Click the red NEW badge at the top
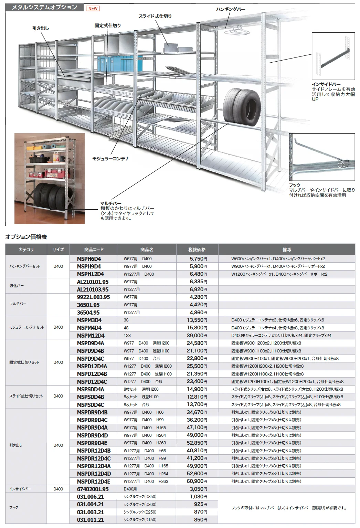tap(93, 9)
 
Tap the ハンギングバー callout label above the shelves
tap(231, 9)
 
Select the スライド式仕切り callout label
tap(155, 16)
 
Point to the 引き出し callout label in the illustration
tap(41, 28)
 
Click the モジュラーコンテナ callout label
tap(111, 159)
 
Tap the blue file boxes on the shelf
tap(120, 64)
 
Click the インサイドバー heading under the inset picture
tap(326, 84)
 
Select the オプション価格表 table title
tap(26, 237)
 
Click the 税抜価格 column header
tap(197, 250)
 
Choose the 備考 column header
tap(287, 250)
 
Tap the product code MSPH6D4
tap(89, 259)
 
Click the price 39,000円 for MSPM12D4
tap(197, 336)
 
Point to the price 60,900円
tap(197, 481)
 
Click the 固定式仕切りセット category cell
tap(24, 362)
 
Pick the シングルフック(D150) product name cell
tap(140, 519)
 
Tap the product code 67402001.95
tap(93, 489)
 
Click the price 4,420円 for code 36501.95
tap(198, 305)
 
